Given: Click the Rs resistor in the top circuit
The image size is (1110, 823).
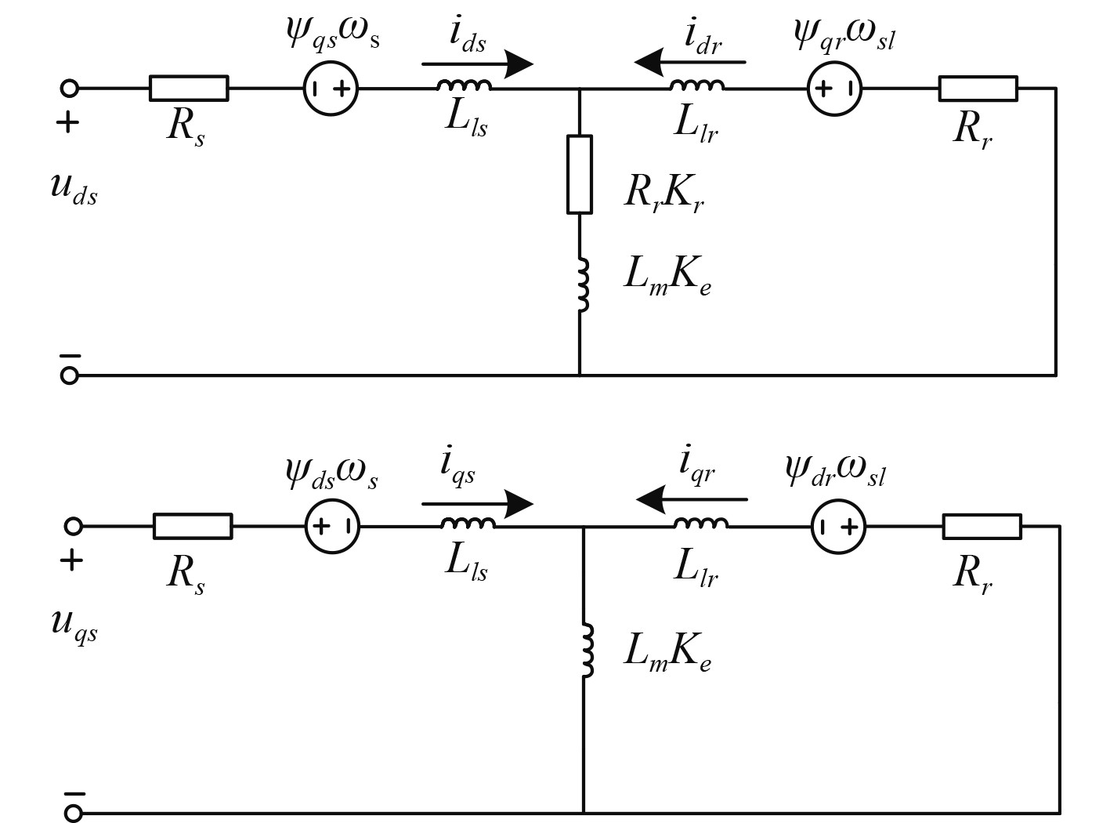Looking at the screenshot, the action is (189, 89).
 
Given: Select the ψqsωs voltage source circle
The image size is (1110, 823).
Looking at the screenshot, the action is (331, 89).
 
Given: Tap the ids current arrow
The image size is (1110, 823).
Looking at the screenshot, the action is (478, 64).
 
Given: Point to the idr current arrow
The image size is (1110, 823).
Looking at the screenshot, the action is (690, 62).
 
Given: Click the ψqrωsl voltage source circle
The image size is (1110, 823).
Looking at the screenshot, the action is (835, 89).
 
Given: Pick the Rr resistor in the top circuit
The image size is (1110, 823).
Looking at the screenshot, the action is (978, 89).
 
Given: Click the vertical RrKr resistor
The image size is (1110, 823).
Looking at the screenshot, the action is (580, 174).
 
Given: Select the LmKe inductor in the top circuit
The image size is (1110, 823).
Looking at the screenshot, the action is (583, 285).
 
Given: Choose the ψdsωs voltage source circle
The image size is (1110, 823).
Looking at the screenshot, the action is (332, 526).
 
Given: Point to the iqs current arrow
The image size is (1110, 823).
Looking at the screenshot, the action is (478, 504).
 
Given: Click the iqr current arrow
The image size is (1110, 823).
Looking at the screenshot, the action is (692, 499).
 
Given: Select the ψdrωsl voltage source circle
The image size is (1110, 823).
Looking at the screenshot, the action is (838, 527).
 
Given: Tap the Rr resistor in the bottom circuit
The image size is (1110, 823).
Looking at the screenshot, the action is (982, 527).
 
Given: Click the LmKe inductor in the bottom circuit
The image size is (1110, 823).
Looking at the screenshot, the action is (587, 651).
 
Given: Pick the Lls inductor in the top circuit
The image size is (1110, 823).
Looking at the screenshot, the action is (464, 85).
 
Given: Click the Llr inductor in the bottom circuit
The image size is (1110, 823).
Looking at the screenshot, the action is (701, 523).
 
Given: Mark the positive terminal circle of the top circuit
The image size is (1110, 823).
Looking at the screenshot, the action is (70, 89).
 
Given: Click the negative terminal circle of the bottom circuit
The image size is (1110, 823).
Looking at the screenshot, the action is (73, 813).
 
